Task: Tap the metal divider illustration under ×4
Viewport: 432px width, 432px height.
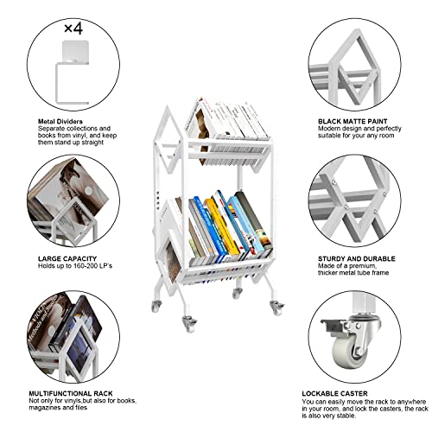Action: click(72, 71)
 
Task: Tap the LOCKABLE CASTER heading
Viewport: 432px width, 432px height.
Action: click(334, 392)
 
